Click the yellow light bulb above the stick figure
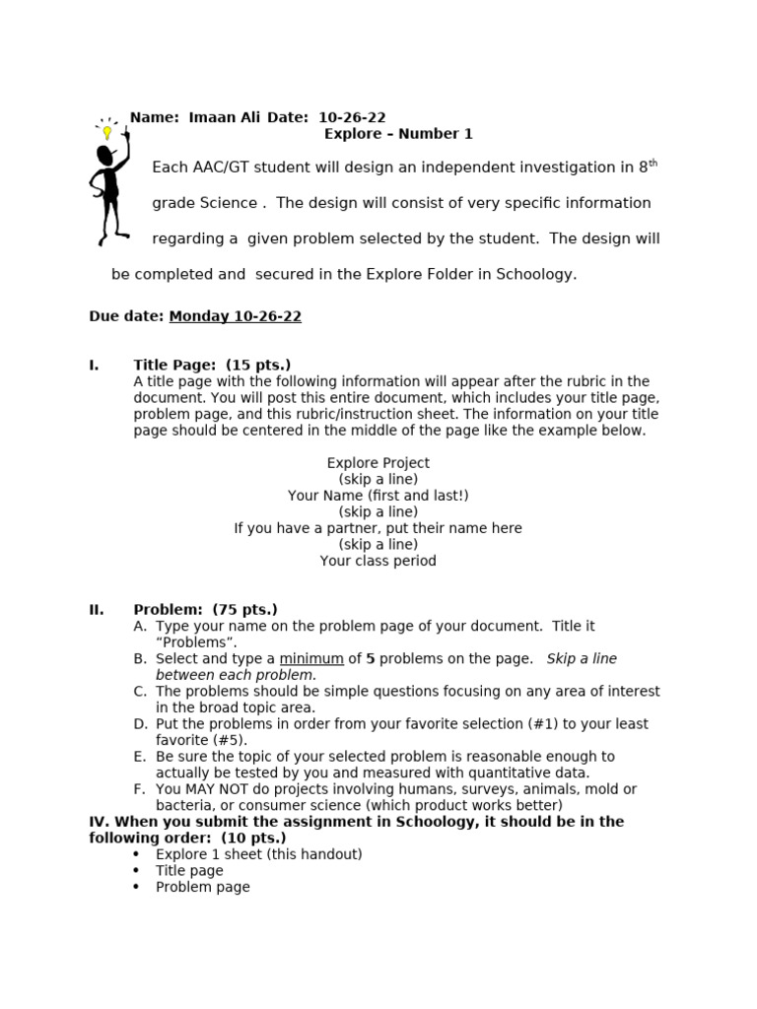tap(106, 132)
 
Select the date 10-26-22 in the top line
tap(352, 118)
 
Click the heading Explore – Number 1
tap(398, 134)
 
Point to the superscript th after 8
tap(653, 164)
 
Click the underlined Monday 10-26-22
tap(235, 317)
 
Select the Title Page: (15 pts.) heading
tap(212, 366)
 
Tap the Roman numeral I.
tap(94, 366)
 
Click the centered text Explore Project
tap(378, 463)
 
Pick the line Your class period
tap(378, 561)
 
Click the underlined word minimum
tap(311, 658)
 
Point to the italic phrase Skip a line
tap(582, 658)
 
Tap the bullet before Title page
tap(136, 871)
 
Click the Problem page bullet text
tap(202, 887)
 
